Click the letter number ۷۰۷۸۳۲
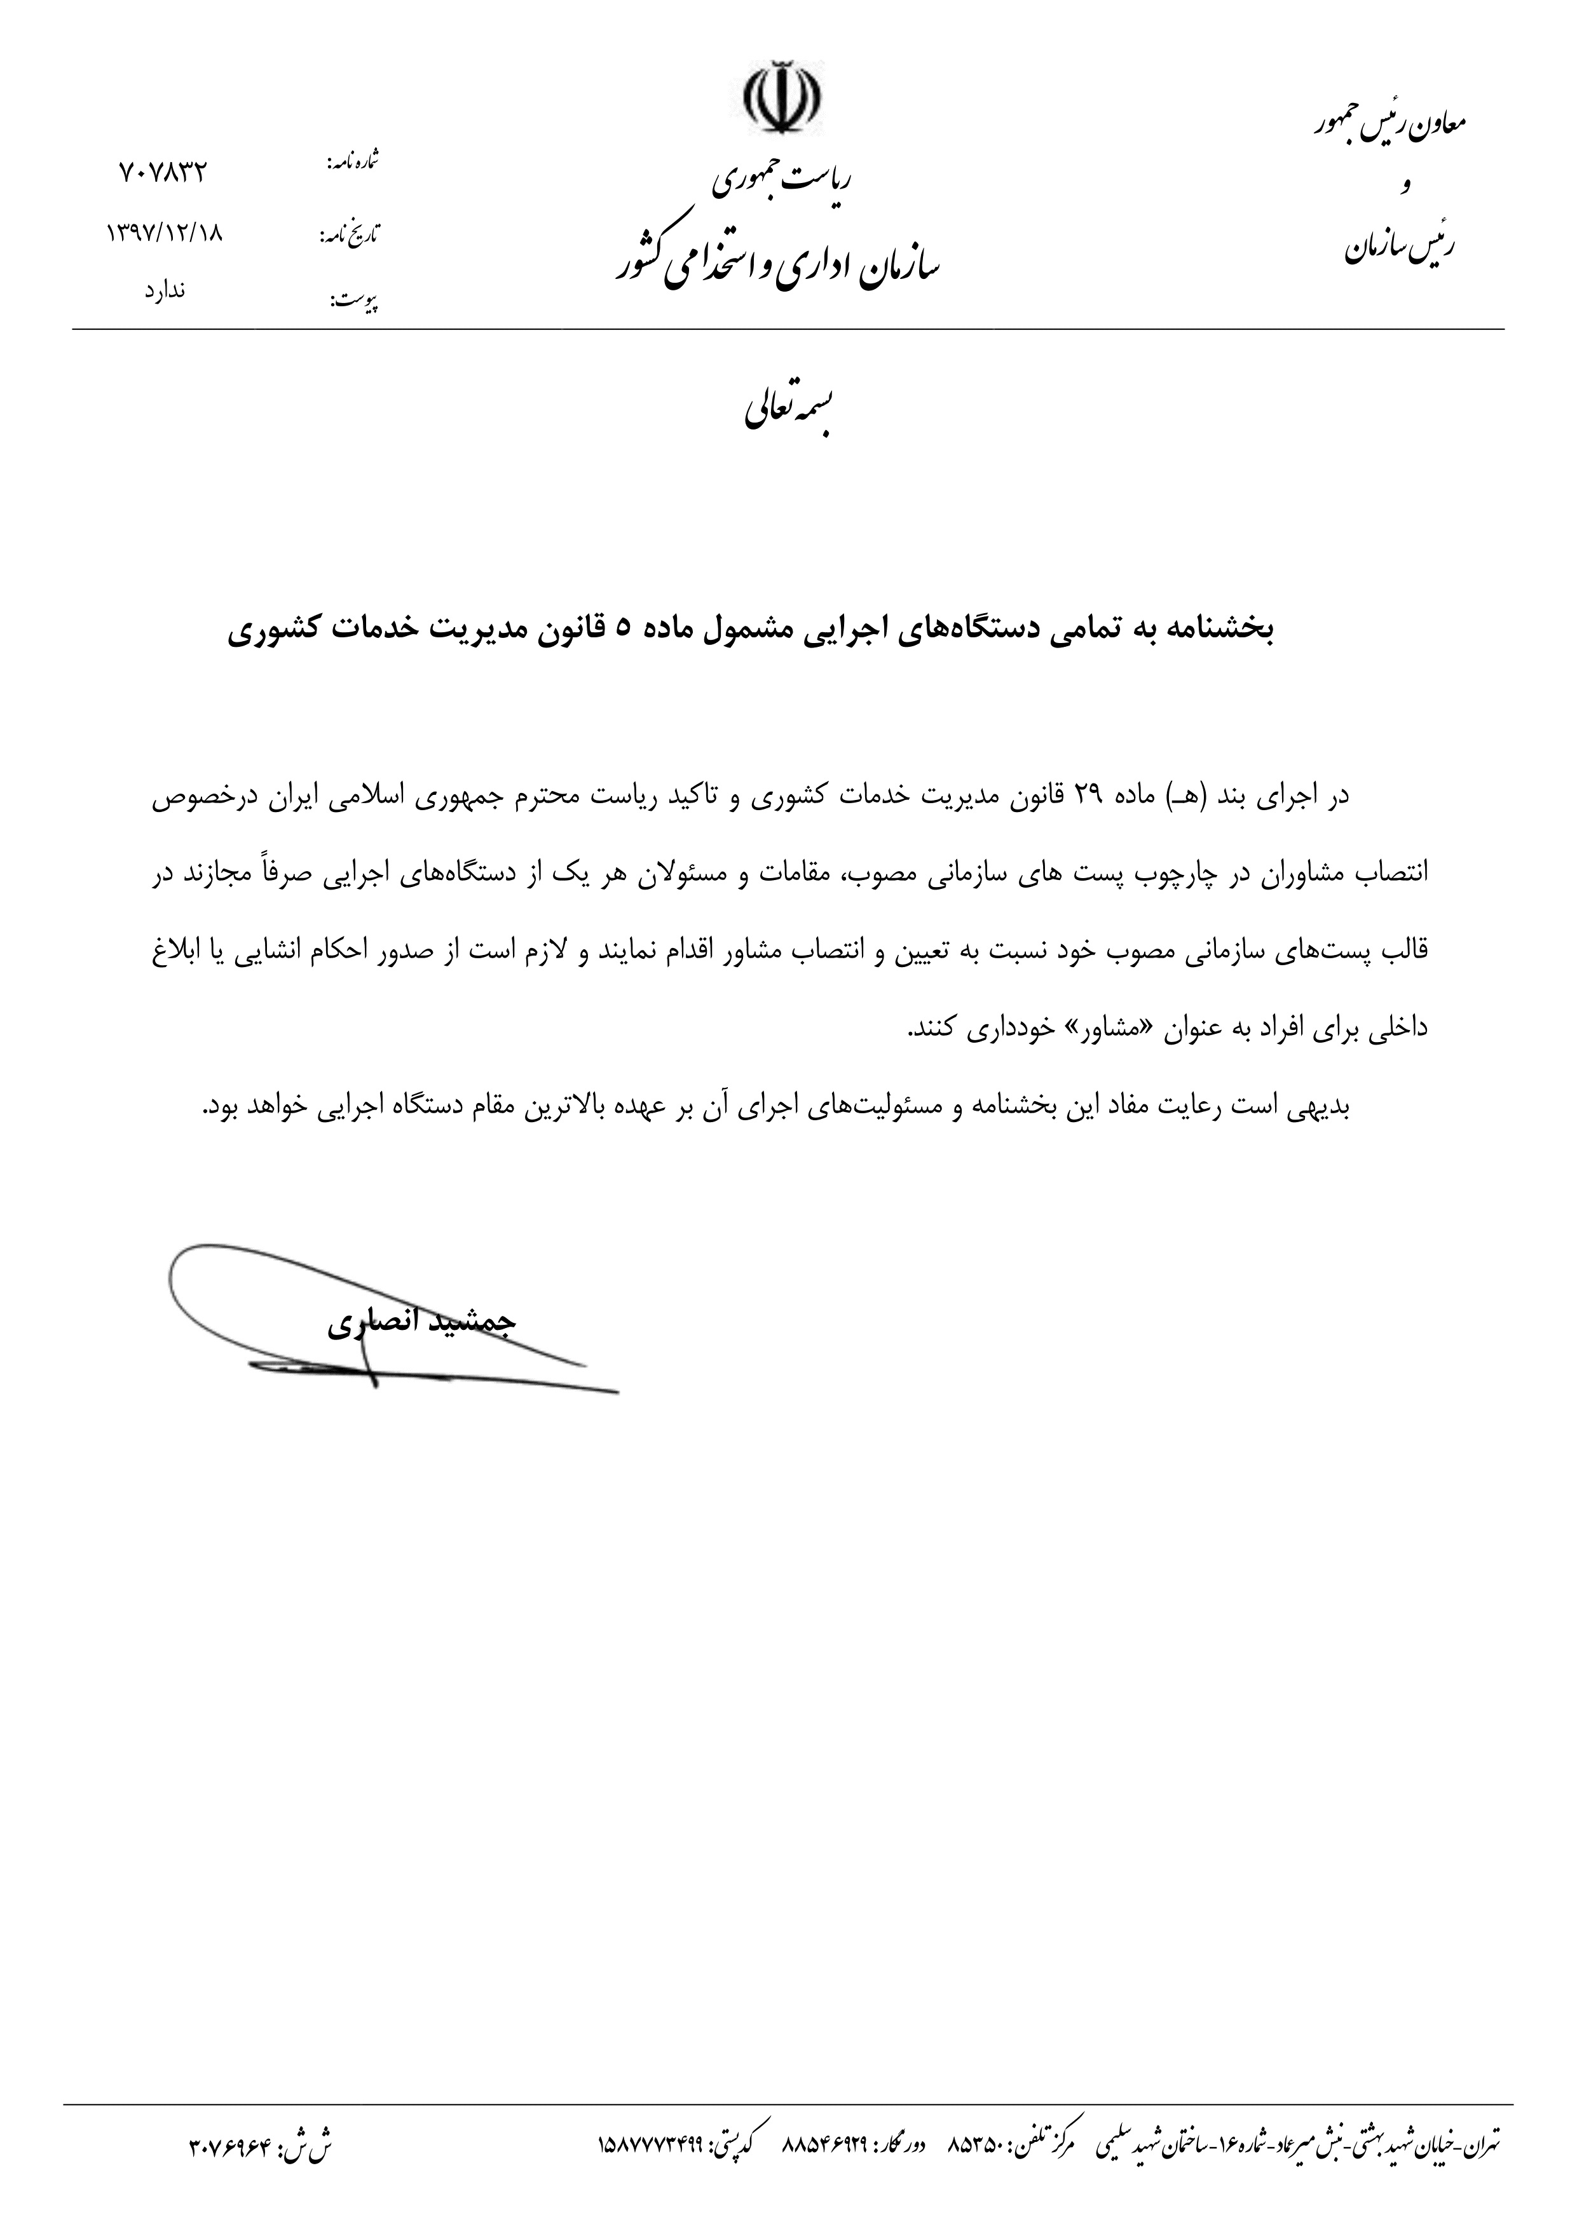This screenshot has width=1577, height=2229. click(x=163, y=173)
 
